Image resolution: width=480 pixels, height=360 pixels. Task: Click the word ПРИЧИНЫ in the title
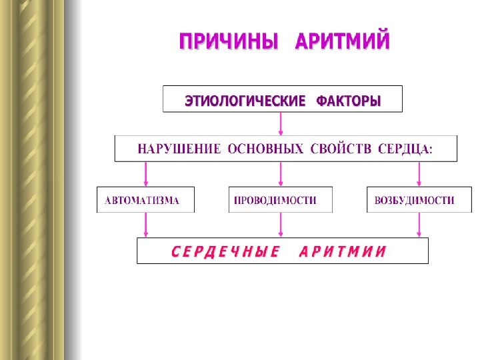tap(228, 43)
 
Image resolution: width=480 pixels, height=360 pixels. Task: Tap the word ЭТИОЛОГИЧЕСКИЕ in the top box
tap(241, 101)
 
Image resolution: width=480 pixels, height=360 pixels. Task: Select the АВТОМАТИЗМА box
tap(145, 200)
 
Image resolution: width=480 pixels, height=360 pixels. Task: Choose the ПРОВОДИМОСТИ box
tap(280, 200)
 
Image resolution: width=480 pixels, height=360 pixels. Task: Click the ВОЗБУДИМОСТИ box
tap(415, 200)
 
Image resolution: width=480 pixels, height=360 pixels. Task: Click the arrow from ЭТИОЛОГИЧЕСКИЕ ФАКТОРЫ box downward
tap(281, 124)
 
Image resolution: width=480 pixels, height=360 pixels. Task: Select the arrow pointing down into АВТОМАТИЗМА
tap(146, 174)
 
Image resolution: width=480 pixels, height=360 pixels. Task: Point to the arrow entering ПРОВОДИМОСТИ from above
tap(281, 174)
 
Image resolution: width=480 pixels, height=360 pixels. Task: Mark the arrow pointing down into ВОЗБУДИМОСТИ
tap(419, 174)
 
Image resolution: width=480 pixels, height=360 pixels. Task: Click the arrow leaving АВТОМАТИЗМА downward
tap(146, 225)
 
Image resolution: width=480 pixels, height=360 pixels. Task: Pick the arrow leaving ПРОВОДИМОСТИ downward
tap(281, 225)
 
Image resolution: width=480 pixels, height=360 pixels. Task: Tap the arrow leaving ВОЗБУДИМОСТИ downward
tap(419, 225)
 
